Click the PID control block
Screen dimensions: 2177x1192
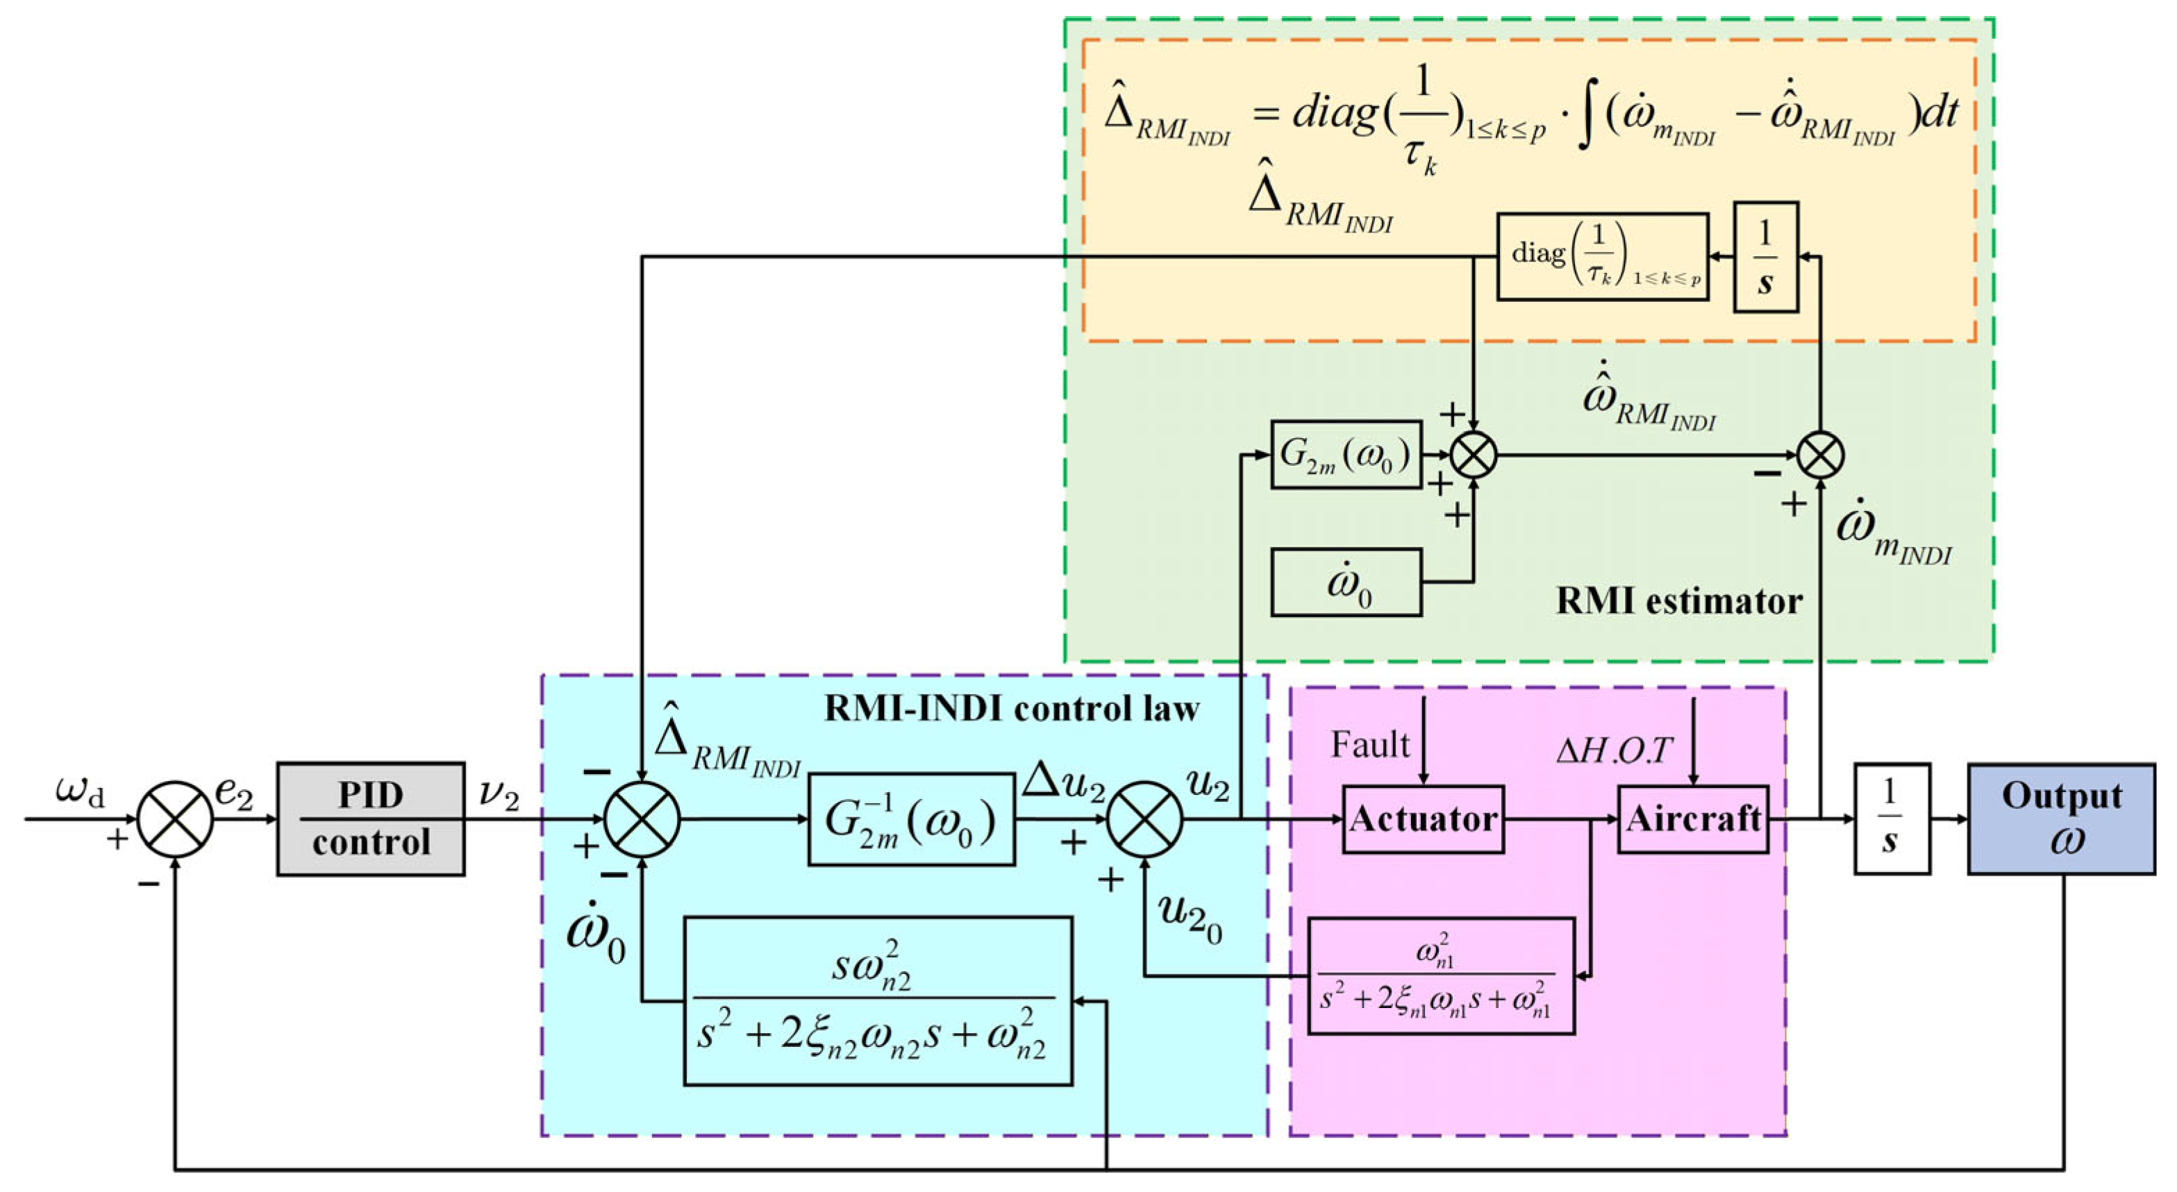[371, 819]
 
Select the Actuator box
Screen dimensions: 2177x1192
[1423, 819]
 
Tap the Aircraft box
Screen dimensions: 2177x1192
[1693, 819]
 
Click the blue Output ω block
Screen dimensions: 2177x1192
[2061, 819]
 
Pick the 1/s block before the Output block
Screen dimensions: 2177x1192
[1892, 819]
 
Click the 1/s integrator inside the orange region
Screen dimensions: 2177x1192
[1765, 257]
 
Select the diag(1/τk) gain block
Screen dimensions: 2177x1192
[1602, 257]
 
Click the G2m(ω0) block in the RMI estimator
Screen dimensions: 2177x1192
[1346, 455]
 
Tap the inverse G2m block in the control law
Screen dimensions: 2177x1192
[911, 819]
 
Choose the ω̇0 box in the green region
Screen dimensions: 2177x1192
[1346, 582]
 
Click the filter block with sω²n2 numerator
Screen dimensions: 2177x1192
[878, 1001]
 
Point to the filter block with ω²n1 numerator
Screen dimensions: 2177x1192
[1441, 975]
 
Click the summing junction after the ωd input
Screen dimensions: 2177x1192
[175, 819]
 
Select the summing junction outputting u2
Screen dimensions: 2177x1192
[1144, 819]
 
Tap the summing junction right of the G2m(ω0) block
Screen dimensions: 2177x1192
[1473, 455]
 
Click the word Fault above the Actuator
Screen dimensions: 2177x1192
[1370, 744]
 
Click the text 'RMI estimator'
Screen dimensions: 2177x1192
[1679, 601]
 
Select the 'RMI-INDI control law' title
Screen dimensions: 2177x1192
[1012, 709]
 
